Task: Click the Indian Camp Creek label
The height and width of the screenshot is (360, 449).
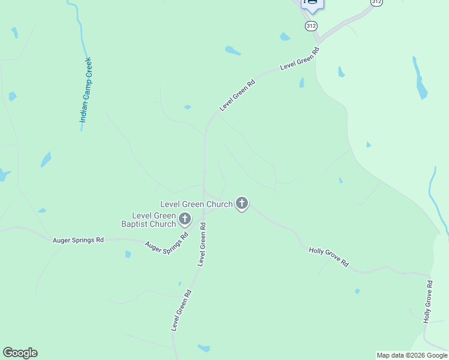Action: point(88,91)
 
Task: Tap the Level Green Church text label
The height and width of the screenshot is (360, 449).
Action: point(196,204)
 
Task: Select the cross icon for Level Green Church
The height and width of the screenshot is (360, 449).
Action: point(242,204)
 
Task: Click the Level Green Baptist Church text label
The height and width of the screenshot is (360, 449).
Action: point(154,220)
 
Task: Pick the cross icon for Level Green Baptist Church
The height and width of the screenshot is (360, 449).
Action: point(185,220)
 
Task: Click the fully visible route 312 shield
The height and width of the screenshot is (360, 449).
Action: point(311,26)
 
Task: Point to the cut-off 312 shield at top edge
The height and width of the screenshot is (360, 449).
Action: point(376,2)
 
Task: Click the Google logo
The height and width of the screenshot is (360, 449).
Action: point(20,353)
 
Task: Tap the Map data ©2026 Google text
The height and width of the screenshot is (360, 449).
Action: point(412,355)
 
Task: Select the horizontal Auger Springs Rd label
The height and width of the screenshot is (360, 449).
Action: point(79,240)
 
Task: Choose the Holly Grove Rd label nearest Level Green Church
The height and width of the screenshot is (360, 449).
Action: point(328,256)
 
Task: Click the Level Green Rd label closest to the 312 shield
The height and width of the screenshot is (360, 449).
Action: point(300,62)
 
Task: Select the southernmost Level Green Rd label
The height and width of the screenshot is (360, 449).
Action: point(181,311)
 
